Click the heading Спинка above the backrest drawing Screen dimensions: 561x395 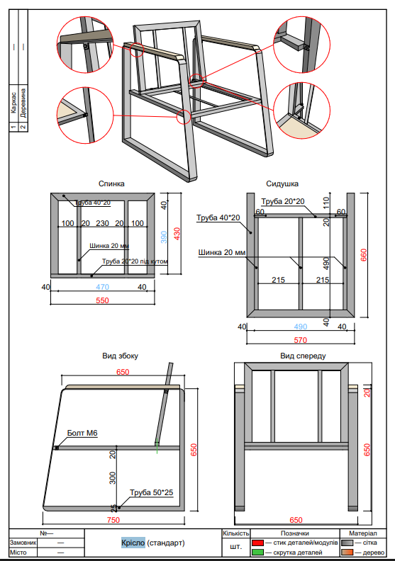pyautogui.click(x=111, y=183)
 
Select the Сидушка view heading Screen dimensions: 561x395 pyautogui.click(x=282, y=183)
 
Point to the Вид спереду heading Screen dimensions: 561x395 pyautogui.click(x=303, y=356)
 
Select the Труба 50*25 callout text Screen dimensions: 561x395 pyautogui.click(x=151, y=492)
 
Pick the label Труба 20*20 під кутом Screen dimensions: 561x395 pyautogui.click(x=135, y=261)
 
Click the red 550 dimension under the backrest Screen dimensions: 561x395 pyautogui.click(x=102, y=301)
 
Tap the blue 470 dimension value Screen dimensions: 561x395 pyautogui.click(x=102, y=287)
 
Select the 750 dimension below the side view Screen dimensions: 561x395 pyautogui.click(x=113, y=520)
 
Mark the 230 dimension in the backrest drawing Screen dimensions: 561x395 pyautogui.click(x=102, y=224)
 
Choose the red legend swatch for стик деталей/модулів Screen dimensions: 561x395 pyautogui.click(x=257, y=542)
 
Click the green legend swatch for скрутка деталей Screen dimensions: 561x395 pyautogui.click(x=257, y=552)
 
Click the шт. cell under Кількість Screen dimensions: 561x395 pyautogui.click(x=235, y=547)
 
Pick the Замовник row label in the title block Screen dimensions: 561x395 pyautogui.click(x=23, y=543)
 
